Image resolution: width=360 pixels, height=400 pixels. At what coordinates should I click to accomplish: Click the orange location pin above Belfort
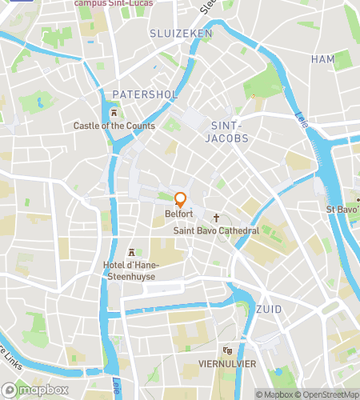click(181, 200)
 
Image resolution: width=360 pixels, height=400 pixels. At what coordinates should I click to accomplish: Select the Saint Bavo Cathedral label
click(216, 230)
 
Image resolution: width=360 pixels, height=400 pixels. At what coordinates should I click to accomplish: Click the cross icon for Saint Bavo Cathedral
click(216, 218)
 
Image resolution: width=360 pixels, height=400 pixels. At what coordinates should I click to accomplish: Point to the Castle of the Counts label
click(114, 126)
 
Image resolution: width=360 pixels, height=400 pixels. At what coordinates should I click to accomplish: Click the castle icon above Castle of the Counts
click(114, 113)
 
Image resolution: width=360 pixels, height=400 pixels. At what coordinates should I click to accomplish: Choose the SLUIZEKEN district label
click(181, 33)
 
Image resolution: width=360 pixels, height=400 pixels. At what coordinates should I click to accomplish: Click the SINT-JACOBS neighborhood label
click(230, 132)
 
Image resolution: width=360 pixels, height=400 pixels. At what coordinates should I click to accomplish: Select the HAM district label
click(323, 59)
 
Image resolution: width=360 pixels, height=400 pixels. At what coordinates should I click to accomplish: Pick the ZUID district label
click(269, 309)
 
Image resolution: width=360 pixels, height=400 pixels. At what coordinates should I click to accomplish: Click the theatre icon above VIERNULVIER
click(228, 350)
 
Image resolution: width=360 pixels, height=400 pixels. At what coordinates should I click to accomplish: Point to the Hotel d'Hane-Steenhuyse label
click(131, 270)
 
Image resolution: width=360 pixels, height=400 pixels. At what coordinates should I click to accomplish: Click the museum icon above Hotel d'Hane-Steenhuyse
click(131, 252)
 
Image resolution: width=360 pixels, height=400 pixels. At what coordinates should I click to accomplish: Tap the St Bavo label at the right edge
click(342, 210)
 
